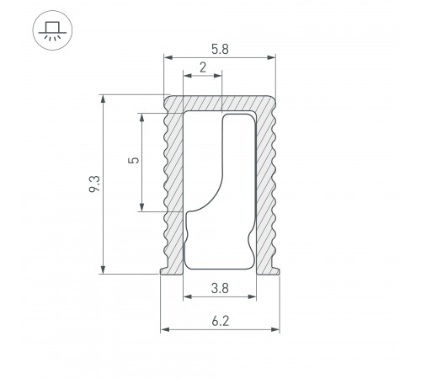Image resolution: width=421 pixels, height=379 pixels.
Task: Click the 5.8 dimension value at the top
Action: [221, 49]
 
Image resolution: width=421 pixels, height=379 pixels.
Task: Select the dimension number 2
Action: [203, 67]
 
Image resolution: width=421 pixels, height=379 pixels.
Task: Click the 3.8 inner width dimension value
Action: [220, 287]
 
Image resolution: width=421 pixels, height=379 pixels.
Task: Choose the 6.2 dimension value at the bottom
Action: [220, 320]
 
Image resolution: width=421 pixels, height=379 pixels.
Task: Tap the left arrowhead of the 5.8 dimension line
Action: [168, 58]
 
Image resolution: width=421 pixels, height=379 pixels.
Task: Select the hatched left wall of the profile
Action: [174, 185]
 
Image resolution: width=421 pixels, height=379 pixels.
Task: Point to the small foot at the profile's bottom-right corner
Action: [277, 270]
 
